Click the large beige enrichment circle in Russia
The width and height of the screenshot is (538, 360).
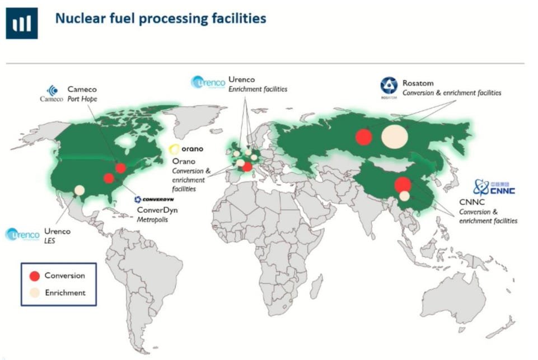(395, 136)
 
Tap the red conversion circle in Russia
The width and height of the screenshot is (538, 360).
(364, 137)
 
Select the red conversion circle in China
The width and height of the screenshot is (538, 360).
(403, 185)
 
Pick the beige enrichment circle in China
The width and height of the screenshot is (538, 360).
(405, 196)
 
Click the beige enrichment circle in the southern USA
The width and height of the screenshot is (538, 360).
(79, 190)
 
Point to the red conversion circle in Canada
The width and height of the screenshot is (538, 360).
(120, 168)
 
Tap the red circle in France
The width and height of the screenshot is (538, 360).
(247, 167)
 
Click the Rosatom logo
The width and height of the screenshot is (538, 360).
(389, 87)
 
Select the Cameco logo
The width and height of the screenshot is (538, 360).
(52, 93)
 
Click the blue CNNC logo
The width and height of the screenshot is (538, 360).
(494, 188)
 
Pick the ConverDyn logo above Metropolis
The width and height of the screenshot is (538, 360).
(154, 199)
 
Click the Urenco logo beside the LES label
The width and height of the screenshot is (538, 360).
(22, 235)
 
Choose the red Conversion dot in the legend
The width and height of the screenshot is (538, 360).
(35, 276)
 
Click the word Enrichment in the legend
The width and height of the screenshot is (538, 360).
(65, 293)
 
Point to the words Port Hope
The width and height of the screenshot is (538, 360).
(82, 99)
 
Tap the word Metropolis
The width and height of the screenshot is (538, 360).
(152, 219)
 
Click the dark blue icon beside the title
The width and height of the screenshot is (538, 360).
(22, 23)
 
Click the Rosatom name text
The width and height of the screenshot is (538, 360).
(418, 83)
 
